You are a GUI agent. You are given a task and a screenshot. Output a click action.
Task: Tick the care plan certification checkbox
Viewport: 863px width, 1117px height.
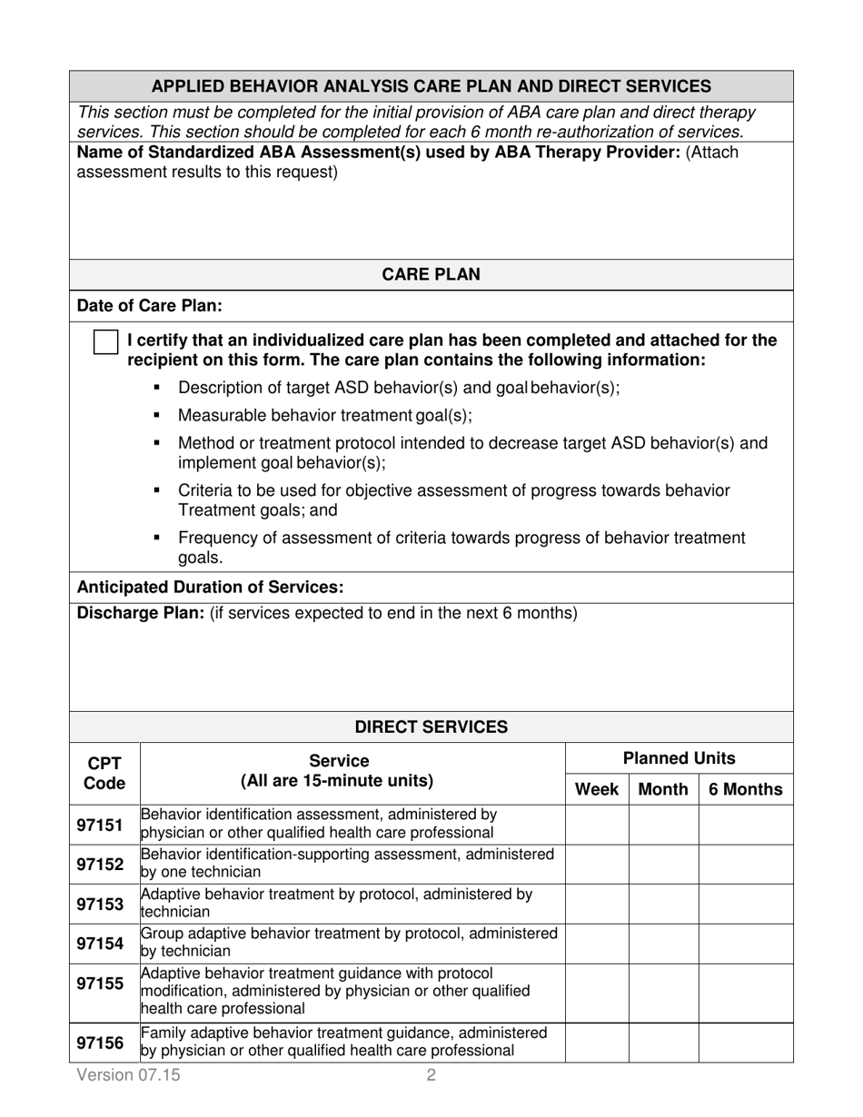[x=106, y=342]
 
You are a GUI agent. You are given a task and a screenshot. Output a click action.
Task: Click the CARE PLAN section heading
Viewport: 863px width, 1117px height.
[x=431, y=274]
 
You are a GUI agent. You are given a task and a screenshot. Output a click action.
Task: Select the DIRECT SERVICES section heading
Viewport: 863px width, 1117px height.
[x=431, y=727]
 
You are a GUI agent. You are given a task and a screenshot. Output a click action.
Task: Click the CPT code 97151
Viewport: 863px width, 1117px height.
[x=100, y=825]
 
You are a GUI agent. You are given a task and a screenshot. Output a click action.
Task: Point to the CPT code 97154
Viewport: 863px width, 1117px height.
[x=100, y=944]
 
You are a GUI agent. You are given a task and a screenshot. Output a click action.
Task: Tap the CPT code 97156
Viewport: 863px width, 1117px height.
[x=100, y=1043]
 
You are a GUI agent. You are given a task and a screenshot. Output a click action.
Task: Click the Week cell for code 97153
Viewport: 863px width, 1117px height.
[x=597, y=904]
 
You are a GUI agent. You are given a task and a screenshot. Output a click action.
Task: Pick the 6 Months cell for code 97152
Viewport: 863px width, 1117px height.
[x=746, y=865]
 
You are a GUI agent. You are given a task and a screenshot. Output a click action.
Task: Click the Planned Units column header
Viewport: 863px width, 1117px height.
[x=679, y=758]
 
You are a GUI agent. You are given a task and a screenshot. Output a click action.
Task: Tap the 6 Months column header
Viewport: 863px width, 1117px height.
[x=746, y=789]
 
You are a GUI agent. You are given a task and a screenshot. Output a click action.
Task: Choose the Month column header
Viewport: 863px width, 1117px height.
[x=663, y=789]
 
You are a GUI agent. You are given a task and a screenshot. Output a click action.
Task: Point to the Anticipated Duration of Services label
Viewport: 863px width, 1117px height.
[x=211, y=587]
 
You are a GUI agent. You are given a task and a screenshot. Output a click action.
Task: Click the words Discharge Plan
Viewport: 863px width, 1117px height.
[x=140, y=613]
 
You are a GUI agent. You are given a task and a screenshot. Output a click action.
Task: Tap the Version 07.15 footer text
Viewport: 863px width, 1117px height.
[x=129, y=1076]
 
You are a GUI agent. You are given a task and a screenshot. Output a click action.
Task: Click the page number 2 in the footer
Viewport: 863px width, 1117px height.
[x=431, y=1076]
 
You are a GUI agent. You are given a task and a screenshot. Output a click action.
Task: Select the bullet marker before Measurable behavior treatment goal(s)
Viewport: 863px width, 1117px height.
[x=157, y=416]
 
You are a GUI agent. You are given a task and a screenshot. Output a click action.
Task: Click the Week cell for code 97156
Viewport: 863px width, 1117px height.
[x=597, y=1043]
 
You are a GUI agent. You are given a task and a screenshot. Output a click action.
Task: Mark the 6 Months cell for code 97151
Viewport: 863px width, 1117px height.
[x=746, y=825]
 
